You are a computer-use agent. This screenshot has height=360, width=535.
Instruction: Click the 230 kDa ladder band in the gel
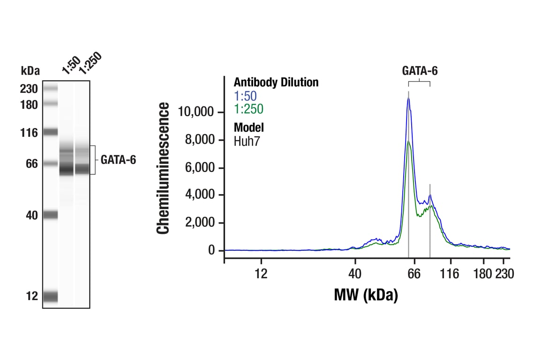coord(50,88)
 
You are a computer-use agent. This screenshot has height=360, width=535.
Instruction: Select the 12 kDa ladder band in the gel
coord(50,296)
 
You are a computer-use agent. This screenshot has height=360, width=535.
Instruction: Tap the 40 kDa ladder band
coord(50,215)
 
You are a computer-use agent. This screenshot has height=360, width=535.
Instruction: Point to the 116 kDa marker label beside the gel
coord(29,133)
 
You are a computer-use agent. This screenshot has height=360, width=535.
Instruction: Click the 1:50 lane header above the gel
coord(71,66)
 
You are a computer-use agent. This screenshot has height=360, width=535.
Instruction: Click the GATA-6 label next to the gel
coord(118,160)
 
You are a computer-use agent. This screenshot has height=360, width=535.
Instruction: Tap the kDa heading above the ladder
coord(30,71)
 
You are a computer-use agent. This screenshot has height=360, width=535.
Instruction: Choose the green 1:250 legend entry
coord(249,109)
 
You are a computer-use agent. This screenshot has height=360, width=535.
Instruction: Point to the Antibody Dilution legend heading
coord(276,82)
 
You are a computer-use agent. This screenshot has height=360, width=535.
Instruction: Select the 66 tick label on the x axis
coord(414,274)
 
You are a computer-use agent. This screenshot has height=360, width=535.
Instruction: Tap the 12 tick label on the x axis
coord(261,274)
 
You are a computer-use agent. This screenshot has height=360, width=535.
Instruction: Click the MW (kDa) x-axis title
coord(366,295)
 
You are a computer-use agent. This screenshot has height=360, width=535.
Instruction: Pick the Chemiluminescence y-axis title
coord(163,169)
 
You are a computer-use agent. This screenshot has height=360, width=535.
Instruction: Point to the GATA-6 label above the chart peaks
coord(420,71)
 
